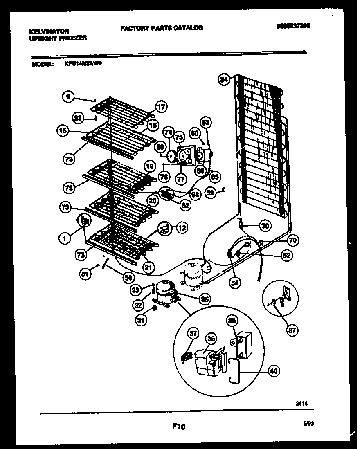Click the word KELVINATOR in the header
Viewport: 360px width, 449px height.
pyautogui.click(x=49, y=31)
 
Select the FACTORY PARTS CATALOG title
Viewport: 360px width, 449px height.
pyautogui.click(x=162, y=28)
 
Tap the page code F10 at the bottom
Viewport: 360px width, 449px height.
pyautogui.click(x=178, y=427)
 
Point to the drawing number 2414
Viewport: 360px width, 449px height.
pyautogui.click(x=301, y=404)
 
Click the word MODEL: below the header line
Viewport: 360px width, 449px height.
pyautogui.click(x=42, y=64)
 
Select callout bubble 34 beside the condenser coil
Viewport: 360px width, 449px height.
pyautogui.click(x=223, y=80)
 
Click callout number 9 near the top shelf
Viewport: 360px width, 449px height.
pyautogui.click(x=68, y=97)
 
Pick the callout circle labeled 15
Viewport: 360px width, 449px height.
pyautogui.click(x=63, y=131)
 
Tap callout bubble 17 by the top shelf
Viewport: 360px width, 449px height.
pyautogui.click(x=162, y=108)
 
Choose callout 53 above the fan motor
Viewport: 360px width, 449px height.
pyautogui.click(x=206, y=122)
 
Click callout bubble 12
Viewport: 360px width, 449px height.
pyautogui.click(x=182, y=228)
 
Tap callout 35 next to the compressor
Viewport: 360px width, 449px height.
pyautogui.click(x=205, y=299)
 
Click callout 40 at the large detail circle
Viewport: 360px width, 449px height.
pyautogui.click(x=274, y=371)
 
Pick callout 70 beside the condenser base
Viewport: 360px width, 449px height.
pyautogui.click(x=292, y=240)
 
